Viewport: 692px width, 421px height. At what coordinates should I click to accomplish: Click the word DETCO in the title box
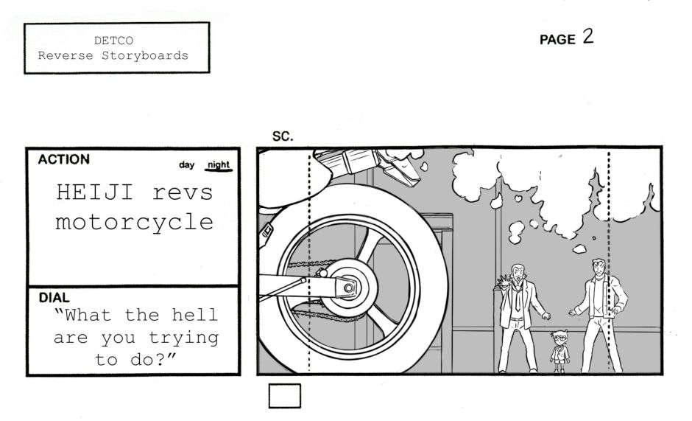click(113, 40)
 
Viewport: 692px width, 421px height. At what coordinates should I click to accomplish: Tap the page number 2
click(587, 38)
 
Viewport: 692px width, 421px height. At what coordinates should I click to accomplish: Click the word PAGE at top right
click(557, 40)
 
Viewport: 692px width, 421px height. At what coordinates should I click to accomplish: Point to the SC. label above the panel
click(283, 136)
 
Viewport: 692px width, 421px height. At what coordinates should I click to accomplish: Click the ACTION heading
click(63, 159)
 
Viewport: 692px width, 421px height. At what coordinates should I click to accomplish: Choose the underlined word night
click(219, 164)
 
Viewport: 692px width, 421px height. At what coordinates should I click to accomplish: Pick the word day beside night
click(187, 165)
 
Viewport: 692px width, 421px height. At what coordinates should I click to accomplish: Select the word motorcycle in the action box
click(134, 222)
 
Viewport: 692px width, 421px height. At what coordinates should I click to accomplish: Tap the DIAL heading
click(54, 298)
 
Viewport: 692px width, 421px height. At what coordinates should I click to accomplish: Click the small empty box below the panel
click(284, 396)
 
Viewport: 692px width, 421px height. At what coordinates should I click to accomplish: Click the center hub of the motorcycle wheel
click(347, 288)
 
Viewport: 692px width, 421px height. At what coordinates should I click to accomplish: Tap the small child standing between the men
click(560, 351)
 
